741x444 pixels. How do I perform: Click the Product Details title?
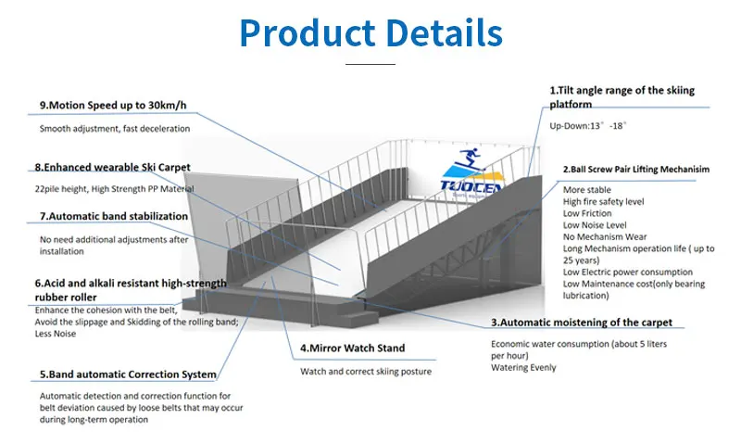point(370,33)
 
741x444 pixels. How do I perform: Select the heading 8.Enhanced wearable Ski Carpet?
point(113,167)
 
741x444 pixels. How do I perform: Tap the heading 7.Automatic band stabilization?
point(113,216)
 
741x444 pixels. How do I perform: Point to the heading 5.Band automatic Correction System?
point(127,374)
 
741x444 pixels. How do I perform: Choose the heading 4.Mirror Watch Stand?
point(352,349)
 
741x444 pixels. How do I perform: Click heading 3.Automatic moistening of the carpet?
point(582,323)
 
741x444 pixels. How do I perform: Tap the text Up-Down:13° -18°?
point(589,124)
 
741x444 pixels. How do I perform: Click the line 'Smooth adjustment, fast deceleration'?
point(114,128)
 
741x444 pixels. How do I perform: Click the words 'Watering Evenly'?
point(523,367)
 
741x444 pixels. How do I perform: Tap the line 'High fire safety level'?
point(605,201)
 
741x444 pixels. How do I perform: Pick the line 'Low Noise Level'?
point(596,225)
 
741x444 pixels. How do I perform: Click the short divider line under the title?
point(370,64)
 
